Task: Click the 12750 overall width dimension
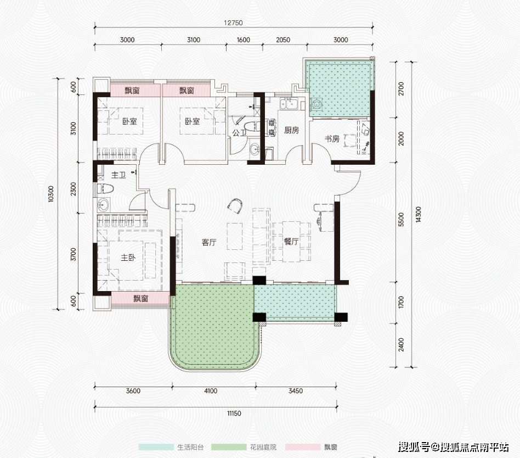(x=233, y=23)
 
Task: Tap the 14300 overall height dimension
(x=418, y=214)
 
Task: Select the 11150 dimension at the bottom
(x=234, y=414)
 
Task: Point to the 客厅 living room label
(x=209, y=242)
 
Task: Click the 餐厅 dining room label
(x=291, y=242)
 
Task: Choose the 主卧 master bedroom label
(x=128, y=258)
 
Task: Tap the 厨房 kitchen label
(x=291, y=130)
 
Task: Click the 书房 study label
(x=332, y=139)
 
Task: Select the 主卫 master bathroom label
(x=118, y=175)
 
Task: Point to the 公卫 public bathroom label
(x=239, y=133)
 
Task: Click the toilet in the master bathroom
(x=105, y=189)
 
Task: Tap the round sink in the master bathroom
(x=104, y=204)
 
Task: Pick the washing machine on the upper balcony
(x=316, y=104)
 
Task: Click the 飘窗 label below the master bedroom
(x=140, y=299)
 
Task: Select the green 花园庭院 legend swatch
(x=229, y=447)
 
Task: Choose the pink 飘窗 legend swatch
(x=303, y=447)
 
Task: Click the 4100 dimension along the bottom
(x=211, y=391)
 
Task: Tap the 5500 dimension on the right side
(x=402, y=220)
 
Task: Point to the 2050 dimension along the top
(x=283, y=40)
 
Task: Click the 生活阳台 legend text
(x=190, y=447)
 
